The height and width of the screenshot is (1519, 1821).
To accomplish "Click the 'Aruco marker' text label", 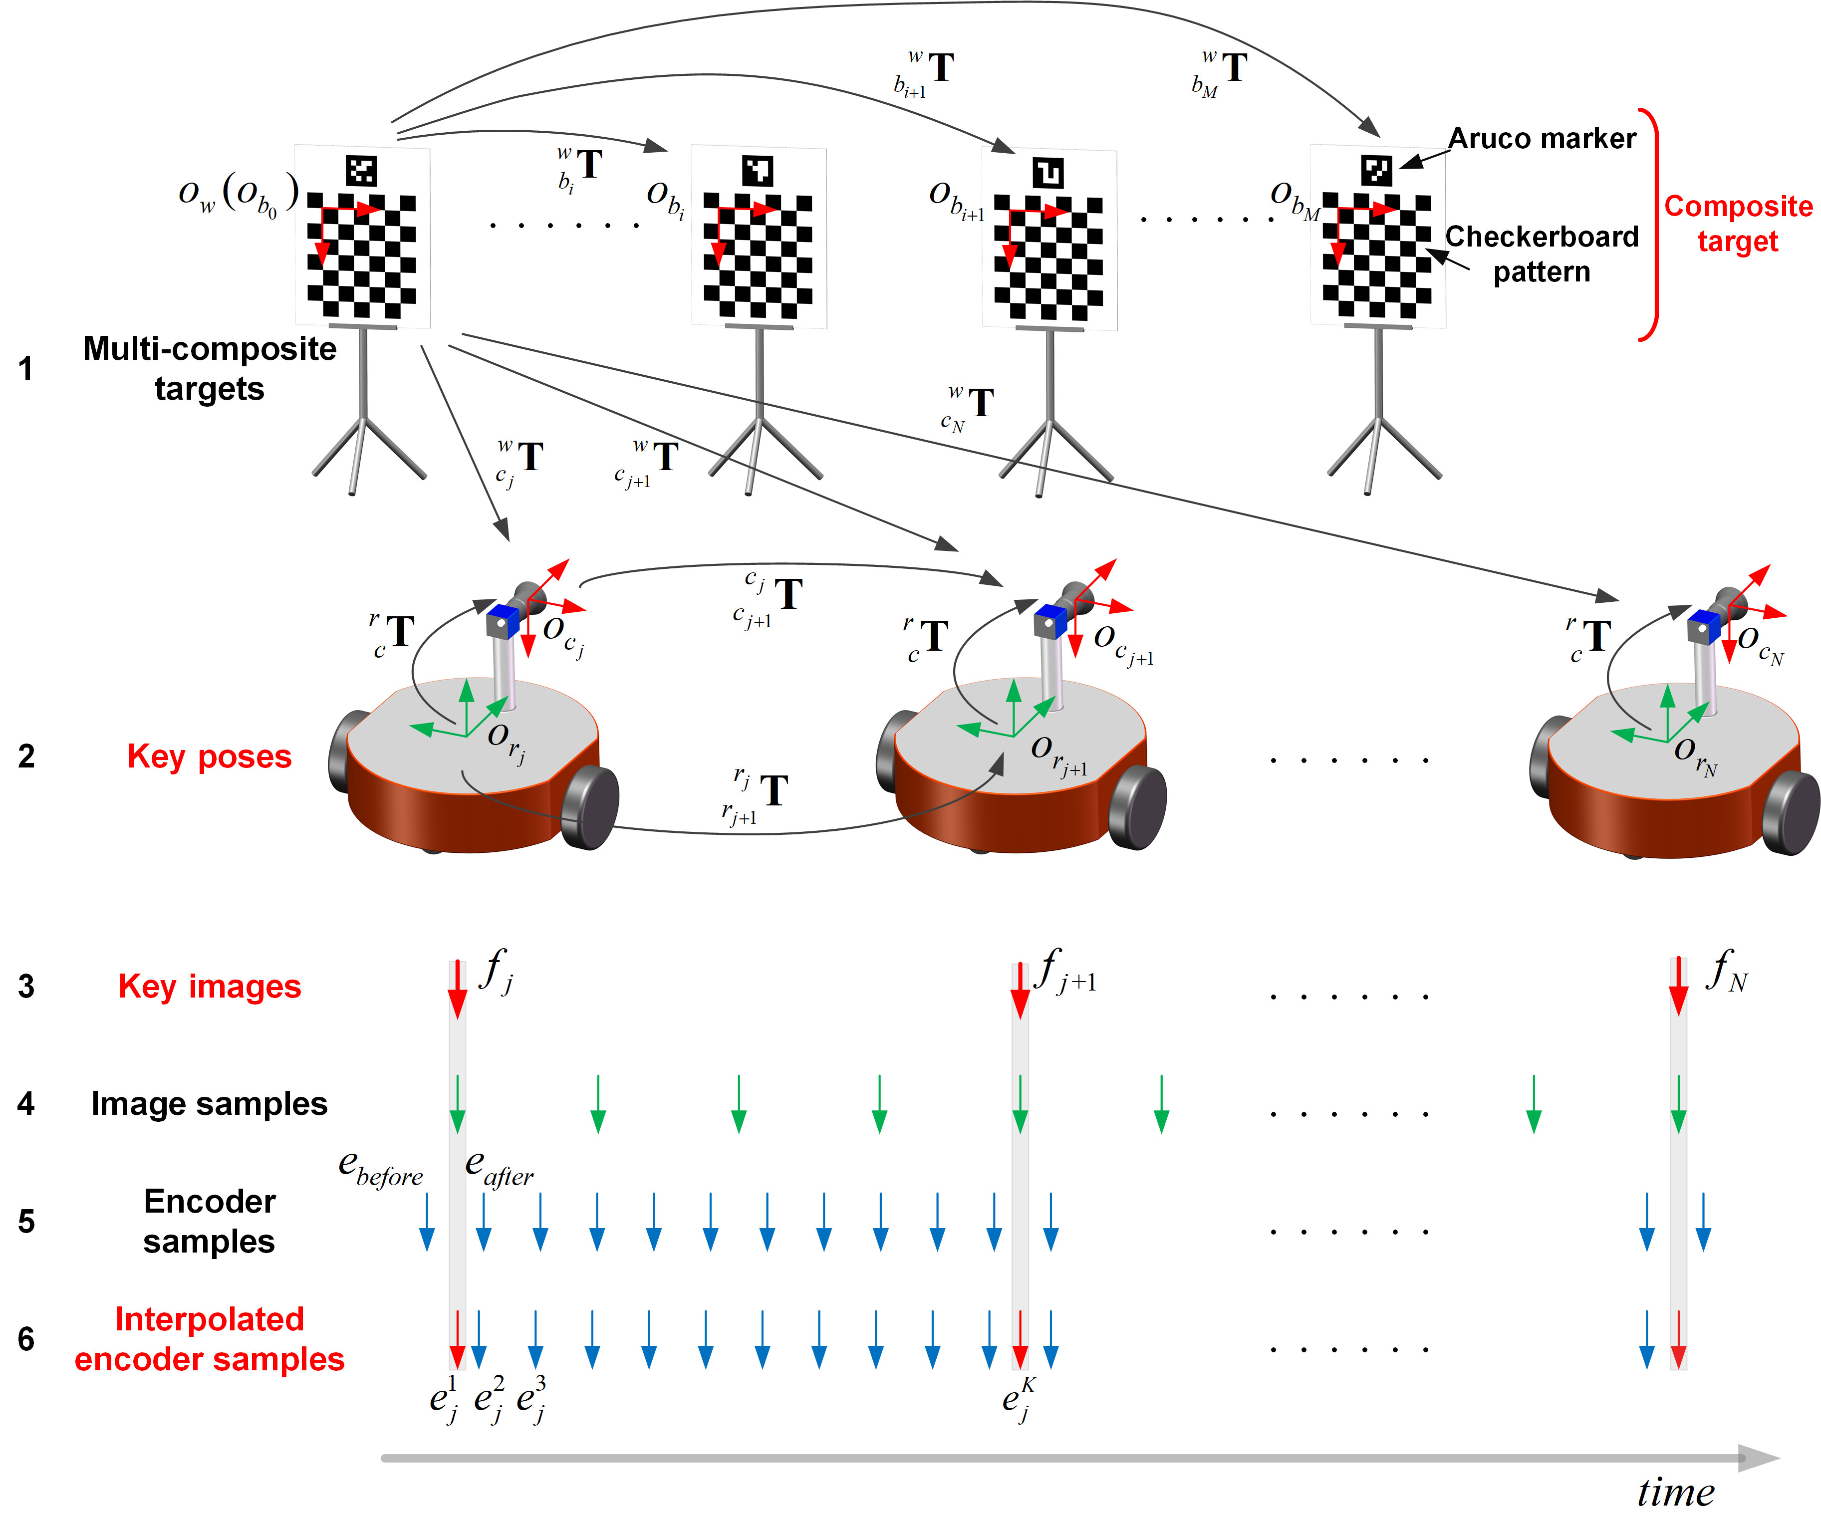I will [1542, 139].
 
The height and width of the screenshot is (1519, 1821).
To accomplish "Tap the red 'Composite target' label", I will [1738, 223].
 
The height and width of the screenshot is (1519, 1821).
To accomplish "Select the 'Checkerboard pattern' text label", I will [1542, 254].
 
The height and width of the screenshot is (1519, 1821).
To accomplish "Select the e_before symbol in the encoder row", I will [380, 1169].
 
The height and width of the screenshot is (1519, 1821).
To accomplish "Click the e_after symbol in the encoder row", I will [499, 1169].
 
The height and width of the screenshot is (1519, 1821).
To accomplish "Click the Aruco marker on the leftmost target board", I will [361, 171].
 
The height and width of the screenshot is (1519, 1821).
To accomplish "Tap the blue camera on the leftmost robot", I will [502, 622].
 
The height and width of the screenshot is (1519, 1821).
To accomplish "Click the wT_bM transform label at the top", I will [1220, 74].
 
